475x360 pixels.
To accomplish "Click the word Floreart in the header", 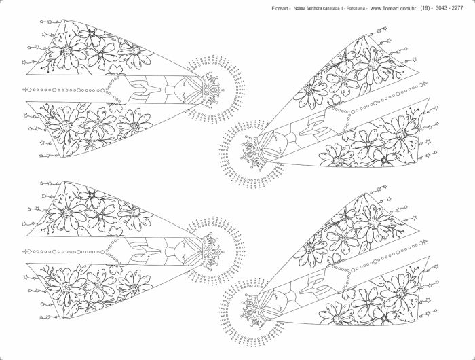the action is coord(280,9).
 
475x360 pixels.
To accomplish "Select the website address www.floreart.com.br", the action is coord(393,9).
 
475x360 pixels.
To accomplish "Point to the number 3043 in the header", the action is coord(441,8).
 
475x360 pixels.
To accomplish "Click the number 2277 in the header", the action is coord(457,8).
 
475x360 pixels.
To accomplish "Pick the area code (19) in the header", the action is coord(425,8).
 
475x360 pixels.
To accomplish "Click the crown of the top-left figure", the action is coord(212,90).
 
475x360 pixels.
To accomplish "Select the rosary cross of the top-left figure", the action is coord(26,90).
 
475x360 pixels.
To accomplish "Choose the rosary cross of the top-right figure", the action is coord(423,84).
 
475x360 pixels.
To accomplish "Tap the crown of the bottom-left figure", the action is coord(212,251).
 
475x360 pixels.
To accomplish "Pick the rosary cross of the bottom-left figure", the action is coord(26,251).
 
